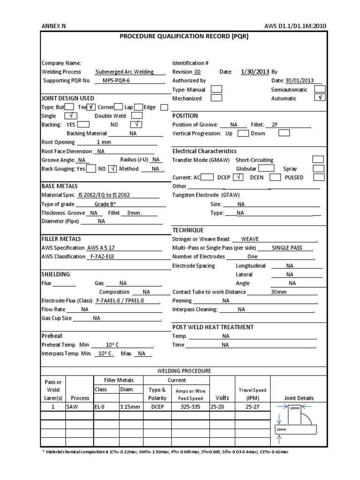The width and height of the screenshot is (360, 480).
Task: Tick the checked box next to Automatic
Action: pyautogui.click(x=320, y=98)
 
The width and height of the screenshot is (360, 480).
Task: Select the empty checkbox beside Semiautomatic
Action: pyautogui.click(x=320, y=89)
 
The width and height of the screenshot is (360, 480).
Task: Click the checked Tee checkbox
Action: pyautogui.click(x=92, y=107)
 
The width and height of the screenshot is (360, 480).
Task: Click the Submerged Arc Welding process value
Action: pyautogui.click(x=124, y=72)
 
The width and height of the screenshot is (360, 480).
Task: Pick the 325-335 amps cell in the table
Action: pyautogui.click(x=190, y=407)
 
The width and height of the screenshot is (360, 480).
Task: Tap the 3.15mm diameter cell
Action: pyautogui.click(x=130, y=407)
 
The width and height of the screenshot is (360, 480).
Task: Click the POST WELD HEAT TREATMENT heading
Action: pyautogui.click(x=213, y=327)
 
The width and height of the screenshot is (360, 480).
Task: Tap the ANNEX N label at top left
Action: pyautogui.click(x=54, y=26)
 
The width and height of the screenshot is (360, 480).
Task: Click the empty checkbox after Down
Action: pyautogui.click(x=284, y=133)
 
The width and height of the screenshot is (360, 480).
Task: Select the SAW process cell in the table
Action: pyautogui.click(x=72, y=407)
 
